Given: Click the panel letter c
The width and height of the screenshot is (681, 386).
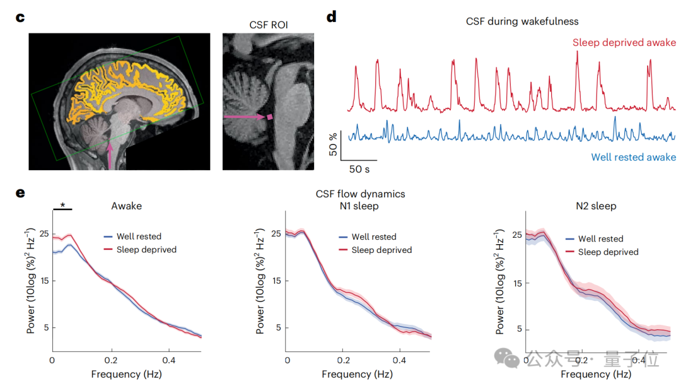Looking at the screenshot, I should coord(20,18).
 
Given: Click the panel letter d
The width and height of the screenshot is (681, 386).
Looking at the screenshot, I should coord(332,18).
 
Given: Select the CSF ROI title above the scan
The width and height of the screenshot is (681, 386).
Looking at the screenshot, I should coord(268,25).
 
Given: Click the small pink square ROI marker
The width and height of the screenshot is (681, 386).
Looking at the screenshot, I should coord(270,117).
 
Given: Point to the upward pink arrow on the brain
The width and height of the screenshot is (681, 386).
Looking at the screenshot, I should coord(111,155).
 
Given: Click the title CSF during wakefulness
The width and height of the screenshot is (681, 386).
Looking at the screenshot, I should coord(522,21).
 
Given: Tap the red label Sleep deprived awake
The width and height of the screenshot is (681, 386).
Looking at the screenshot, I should coord(624,43).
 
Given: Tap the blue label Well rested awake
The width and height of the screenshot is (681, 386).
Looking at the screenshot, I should coord(633,158).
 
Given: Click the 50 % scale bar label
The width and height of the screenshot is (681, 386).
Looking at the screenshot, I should coord(334,144).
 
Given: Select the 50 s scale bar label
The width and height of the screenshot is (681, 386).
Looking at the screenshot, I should coord(359,169).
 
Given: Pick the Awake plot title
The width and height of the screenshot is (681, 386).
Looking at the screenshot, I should coord(126,206).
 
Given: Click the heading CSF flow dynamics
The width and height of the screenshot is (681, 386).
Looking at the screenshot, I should coord(360,194).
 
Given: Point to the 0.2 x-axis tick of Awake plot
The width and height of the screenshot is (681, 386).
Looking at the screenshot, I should coord(112,360).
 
